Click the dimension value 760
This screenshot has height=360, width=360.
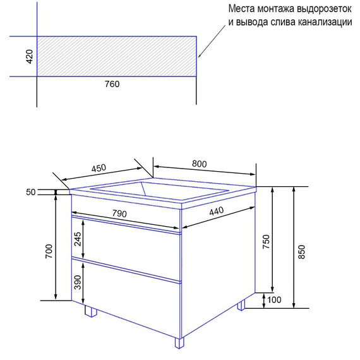[111, 84]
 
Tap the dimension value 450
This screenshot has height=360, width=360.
[99, 169]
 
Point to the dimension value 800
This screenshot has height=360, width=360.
[200, 164]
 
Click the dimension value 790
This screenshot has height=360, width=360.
[119, 213]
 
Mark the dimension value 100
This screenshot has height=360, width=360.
[274, 300]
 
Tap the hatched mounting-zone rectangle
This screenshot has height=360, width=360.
[117, 57]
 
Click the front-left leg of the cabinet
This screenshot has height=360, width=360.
[90, 311]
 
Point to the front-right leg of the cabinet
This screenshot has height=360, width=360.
[180, 343]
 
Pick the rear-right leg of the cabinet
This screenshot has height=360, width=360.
[241, 305]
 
